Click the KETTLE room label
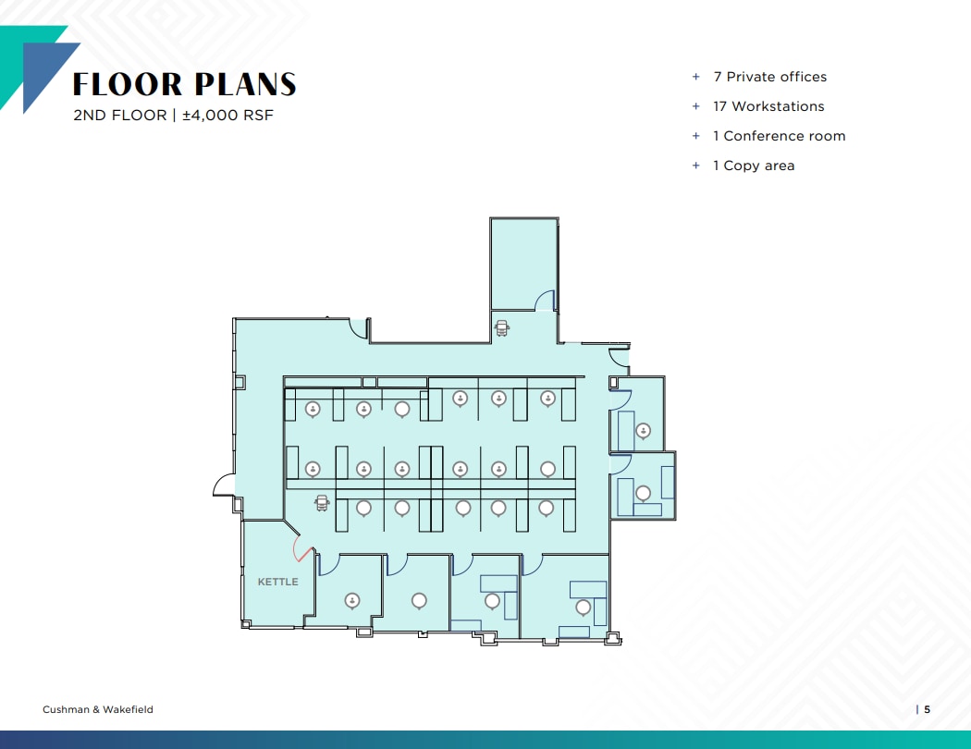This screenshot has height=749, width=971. tap(277, 582)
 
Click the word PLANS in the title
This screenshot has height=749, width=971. tap(244, 85)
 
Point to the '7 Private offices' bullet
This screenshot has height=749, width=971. tap(769, 77)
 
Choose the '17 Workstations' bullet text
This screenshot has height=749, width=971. tap(768, 106)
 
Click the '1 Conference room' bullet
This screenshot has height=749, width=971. tap(779, 136)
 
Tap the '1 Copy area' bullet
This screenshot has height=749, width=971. tap(754, 166)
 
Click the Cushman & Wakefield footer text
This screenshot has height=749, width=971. tap(98, 709)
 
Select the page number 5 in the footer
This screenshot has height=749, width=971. tap(927, 709)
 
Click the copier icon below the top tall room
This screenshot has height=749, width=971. tap(502, 327)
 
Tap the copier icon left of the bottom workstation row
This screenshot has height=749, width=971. tap(322, 502)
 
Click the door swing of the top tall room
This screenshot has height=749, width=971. tap(546, 300)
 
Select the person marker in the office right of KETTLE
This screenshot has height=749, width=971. tap(351, 600)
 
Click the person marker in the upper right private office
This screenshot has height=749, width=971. tap(643, 430)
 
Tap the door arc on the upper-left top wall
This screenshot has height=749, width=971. tap(357, 327)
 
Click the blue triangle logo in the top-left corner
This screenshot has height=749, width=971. tap(42, 74)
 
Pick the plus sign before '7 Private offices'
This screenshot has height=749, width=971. tap(696, 77)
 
